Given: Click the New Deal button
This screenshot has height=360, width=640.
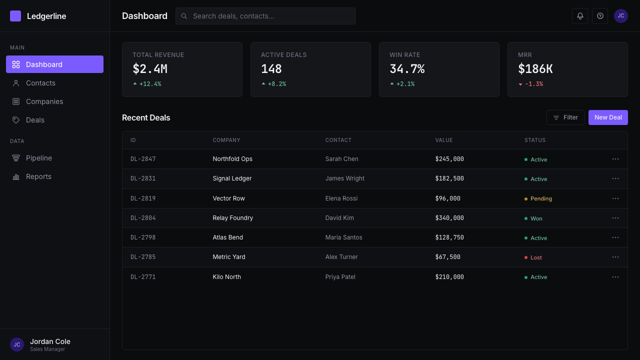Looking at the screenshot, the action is pyautogui.click(x=608, y=117).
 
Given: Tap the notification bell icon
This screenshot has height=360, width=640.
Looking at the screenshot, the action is pyautogui.click(x=580, y=16).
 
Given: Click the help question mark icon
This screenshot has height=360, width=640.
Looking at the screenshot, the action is pyautogui.click(x=600, y=16).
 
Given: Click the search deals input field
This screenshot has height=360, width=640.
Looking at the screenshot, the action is pyautogui.click(x=265, y=16).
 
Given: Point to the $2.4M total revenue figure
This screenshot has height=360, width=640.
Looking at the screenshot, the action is pyautogui.click(x=150, y=69).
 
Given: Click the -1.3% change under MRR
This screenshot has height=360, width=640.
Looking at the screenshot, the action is pyautogui.click(x=534, y=84).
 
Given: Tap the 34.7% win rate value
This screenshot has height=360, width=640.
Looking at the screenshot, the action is pyautogui.click(x=407, y=69).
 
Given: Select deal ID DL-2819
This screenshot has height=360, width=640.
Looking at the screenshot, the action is pyautogui.click(x=143, y=198).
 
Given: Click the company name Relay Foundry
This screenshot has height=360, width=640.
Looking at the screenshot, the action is pyautogui.click(x=233, y=217).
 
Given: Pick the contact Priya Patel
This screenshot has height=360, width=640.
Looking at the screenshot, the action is pyautogui.click(x=340, y=277).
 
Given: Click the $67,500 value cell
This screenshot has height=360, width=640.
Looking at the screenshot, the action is pyautogui.click(x=447, y=257).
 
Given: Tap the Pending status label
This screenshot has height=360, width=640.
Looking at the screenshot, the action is pyautogui.click(x=541, y=198).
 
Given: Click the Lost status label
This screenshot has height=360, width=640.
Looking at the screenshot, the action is pyautogui.click(x=536, y=257).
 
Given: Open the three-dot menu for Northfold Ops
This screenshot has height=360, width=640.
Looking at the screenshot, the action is pyautogui.click(x=615, y=159).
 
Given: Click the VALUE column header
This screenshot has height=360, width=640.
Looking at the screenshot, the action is pyautogui.click(x=443, y=140).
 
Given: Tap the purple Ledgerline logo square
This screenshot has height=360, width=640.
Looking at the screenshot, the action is pyautogui.click(x=15, y=16).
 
